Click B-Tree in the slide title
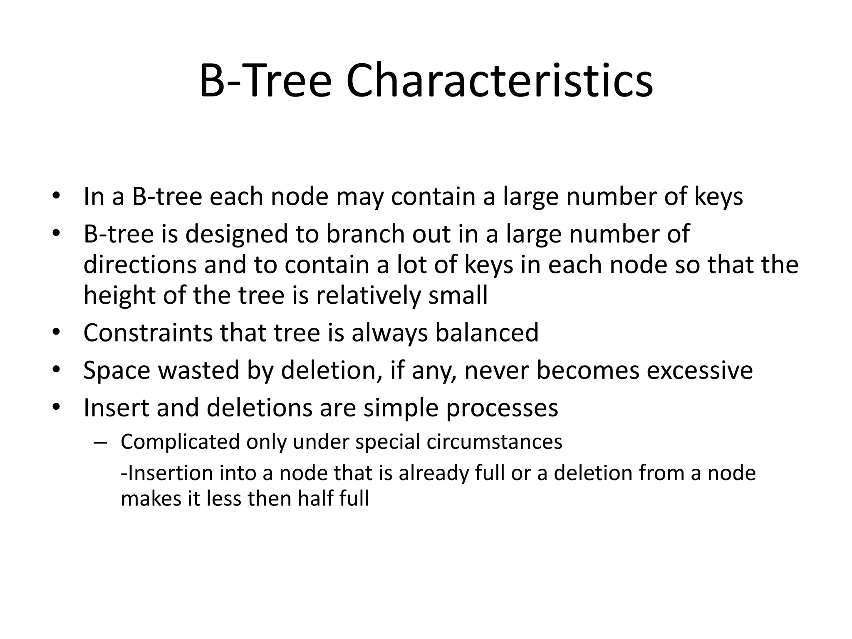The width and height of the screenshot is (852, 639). (x=265, y=81)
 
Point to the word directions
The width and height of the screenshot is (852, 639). (x=140, y=265)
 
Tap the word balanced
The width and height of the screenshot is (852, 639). (x=486, y=333)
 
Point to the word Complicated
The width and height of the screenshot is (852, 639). (x=180, y=442)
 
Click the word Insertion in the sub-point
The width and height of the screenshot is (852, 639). (x=169, y=473)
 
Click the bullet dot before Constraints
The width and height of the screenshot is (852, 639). (x=57, y=333)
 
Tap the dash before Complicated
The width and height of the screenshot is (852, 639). (x=100, y=442)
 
